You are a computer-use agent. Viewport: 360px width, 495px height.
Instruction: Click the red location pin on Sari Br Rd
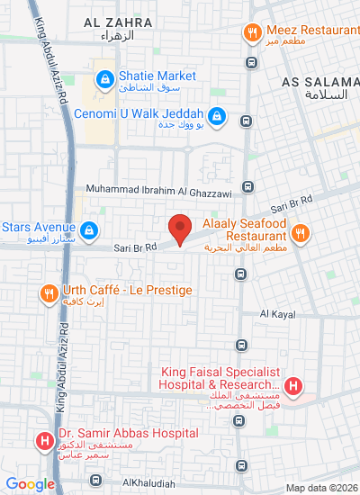point(180,229)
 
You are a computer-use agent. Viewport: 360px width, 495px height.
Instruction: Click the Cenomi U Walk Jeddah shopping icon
point(216,115)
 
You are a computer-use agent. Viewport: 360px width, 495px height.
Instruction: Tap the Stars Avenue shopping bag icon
point(88,232)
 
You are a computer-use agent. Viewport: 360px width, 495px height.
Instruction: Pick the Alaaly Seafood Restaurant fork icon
point(302,232)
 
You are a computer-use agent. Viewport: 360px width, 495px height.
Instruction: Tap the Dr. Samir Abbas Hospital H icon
point(42,441)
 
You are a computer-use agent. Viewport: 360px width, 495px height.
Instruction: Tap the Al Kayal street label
point(278,314)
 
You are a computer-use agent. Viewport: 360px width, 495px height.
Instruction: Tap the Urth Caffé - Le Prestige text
point(128,291)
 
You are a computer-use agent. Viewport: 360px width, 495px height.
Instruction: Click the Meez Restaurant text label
point(311,30)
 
